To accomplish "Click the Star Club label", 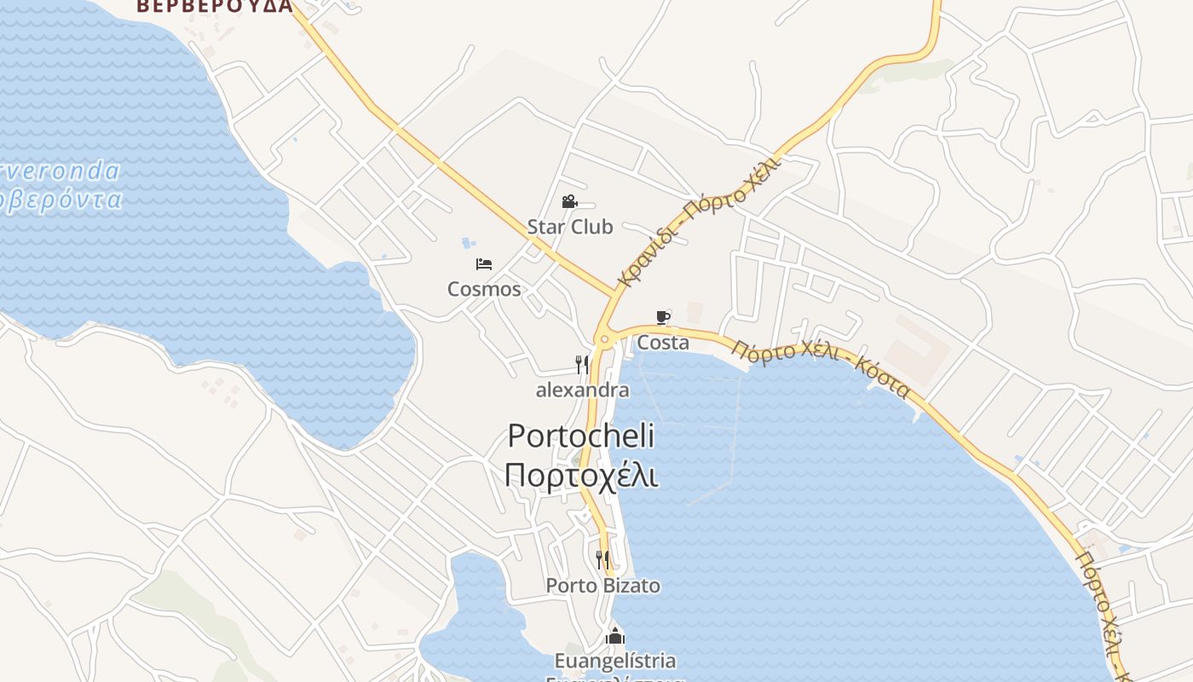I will point(569,227).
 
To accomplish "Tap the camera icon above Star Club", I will point(569,202).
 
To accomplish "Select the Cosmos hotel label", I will point(484,289).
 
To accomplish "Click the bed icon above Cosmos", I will point(484,264).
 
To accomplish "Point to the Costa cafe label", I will point(663,343).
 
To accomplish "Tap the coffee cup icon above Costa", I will point(663,318).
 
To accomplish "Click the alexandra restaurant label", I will point(582,390).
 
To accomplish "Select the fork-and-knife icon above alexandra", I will point(582,365).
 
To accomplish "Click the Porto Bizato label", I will point(602,586).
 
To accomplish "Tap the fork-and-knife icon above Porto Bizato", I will point(602,560).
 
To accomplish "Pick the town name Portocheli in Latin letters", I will point(581,436).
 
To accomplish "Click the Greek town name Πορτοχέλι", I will point(581,475).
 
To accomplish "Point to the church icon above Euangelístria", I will point(614,636).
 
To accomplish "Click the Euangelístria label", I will point(614,661).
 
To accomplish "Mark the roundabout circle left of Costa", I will point(604,339).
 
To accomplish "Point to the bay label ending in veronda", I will point(60,171).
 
